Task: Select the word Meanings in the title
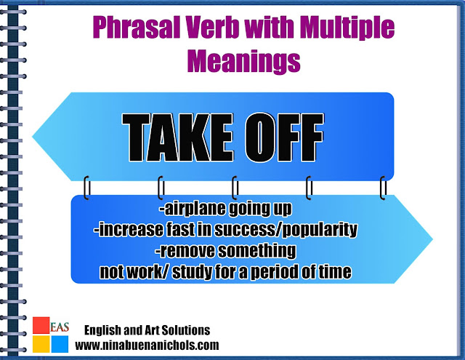[244, 61]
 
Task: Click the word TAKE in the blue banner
[177, 137]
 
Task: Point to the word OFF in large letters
[284, 137]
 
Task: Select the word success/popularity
[286, 230]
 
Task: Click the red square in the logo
[41, 325]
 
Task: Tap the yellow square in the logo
[41, 344]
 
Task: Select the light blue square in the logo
[60, 344]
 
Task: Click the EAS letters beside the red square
[60, 327]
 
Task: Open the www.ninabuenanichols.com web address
[147, 345]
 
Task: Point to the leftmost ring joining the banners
[87, 188]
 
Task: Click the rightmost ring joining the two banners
[383, 188]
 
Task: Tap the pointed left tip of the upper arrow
[32, 137]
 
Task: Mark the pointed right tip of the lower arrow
[433, 239]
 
